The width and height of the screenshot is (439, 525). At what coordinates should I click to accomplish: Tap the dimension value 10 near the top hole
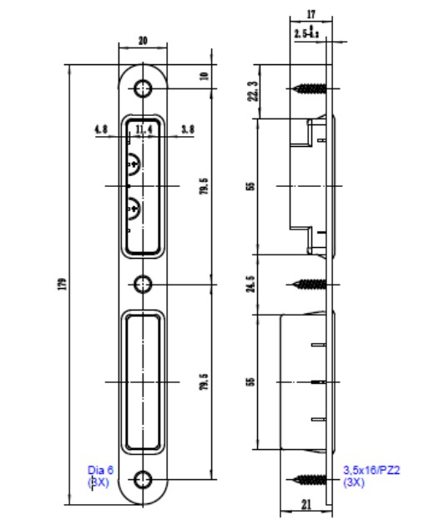click(x=204, y=76)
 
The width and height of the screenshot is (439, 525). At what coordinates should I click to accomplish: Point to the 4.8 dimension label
click(x=101, y=129)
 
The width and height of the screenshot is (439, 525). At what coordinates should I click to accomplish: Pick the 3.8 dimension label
click(x=188, y=129)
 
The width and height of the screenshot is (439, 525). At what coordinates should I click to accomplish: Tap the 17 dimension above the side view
click(x=310, y=14)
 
